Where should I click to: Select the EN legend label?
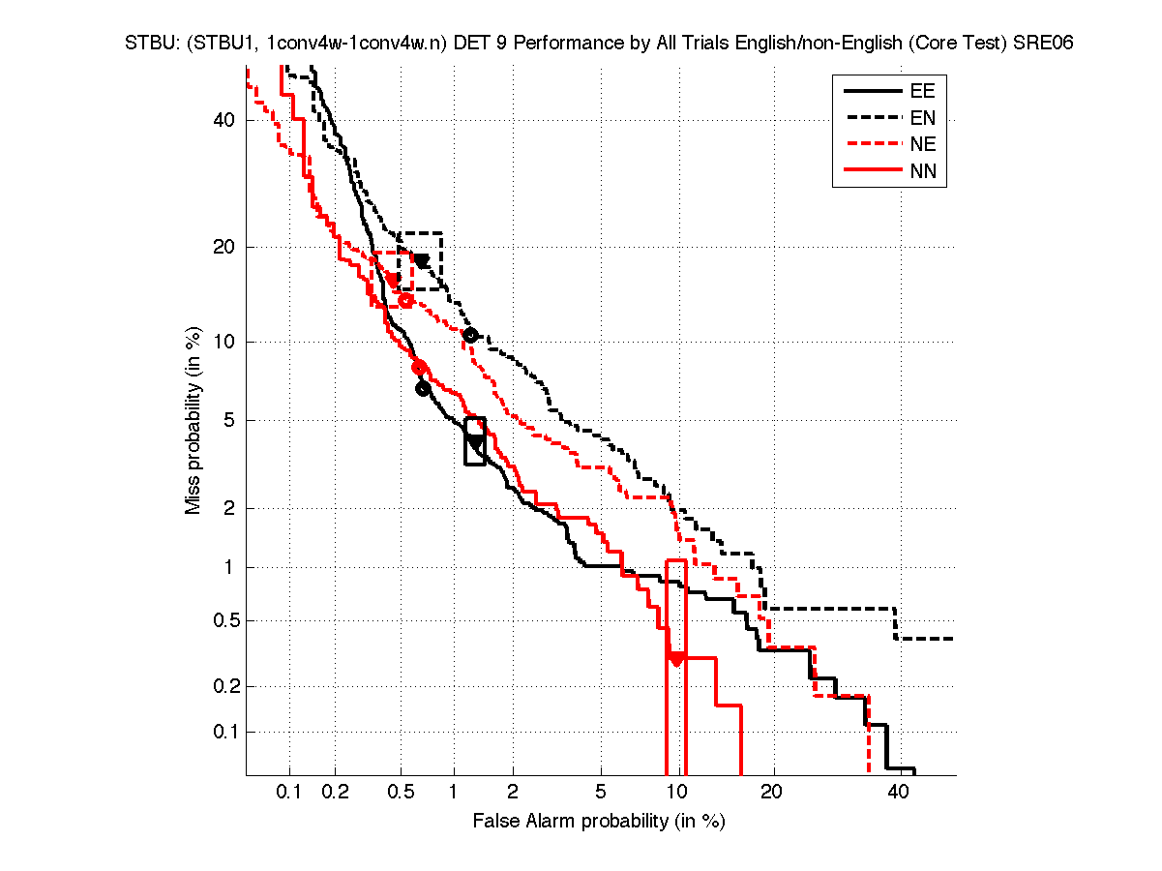pyautogui.click(x=922, y=118)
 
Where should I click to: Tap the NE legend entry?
pyautogui.click(x=922, y=145)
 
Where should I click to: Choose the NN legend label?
pyautogui.click(x=922, y=172)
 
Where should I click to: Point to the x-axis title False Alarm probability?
pyautogui.click(x=599, y=822)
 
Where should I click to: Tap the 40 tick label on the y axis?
pyautogui.click(x=224, y=120)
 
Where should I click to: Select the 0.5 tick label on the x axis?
pyautogui.click(x=401, y=794)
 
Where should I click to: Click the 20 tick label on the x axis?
pyautogui.click(x=771, y=794)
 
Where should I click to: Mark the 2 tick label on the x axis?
pyautogui.click(x=514, y=794)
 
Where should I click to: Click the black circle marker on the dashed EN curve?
pyautogui.click(x=471, y=335)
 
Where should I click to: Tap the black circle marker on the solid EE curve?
pyautogui.click(x=423, y=389)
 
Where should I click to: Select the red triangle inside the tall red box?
pyautogui.click(x=676, y=659)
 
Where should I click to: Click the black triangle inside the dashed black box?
pyautogui.click(x=422, y=260)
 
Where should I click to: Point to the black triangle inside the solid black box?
pyautogui.click(x=475, y=441)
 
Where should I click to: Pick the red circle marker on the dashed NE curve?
pyautogui.click(x=406, y=300)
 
